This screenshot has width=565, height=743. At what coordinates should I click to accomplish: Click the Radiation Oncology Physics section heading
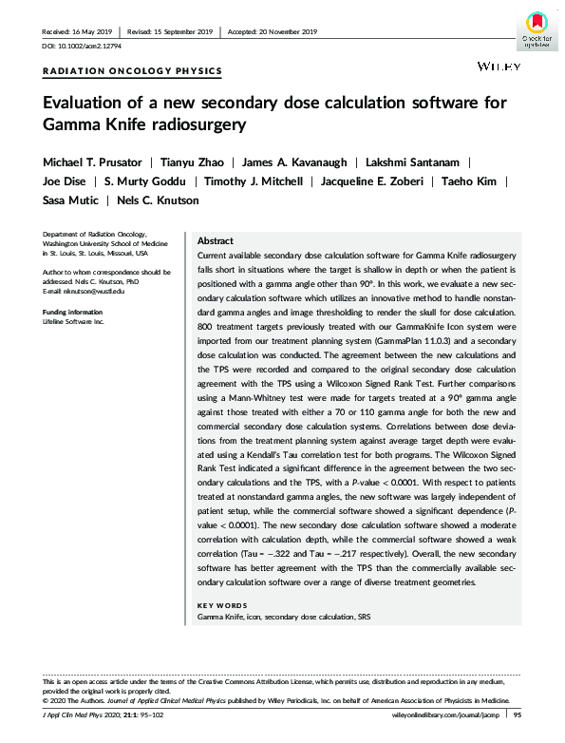coord(133,71)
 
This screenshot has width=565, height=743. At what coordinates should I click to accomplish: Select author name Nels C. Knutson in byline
coord(158,200)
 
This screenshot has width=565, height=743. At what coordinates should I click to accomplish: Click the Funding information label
coord(73,312)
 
